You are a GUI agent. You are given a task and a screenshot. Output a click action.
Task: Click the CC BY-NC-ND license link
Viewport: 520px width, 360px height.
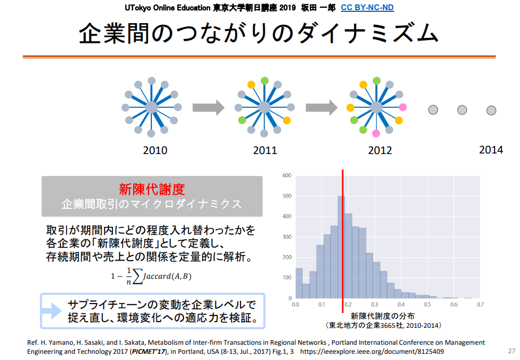(367, 8)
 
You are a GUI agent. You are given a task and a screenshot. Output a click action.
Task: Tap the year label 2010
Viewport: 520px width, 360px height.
(155, 151)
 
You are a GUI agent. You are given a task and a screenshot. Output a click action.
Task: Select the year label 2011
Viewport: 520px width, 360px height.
(265, 151)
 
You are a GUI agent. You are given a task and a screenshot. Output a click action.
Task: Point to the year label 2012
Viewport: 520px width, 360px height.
(380, 151)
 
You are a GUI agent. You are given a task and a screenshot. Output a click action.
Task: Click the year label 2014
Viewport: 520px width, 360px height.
(491, 150)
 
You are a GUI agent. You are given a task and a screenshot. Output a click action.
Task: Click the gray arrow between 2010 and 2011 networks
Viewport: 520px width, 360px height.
(208, 108)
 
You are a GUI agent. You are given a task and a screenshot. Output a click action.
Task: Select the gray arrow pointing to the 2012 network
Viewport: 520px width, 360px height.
(321, 108)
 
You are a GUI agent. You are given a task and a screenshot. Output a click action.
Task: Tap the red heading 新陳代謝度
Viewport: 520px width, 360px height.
(152, 190)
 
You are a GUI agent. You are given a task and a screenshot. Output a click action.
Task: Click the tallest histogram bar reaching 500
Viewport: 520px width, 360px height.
(341, 247)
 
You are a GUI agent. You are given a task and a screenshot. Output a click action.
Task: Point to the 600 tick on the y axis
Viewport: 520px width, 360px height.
(287, 175)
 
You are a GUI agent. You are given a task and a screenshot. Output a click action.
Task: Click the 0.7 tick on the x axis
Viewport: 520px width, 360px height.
(480, 304)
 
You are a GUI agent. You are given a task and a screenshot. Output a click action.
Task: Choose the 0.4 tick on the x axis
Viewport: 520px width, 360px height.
(401, 304)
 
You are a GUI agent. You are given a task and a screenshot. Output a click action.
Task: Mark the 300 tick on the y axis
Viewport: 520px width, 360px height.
(287, 236)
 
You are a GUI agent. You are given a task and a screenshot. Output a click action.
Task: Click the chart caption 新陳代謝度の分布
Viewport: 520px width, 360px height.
(382, 316)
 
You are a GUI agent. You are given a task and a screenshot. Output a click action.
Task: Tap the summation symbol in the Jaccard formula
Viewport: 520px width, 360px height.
(137, 276)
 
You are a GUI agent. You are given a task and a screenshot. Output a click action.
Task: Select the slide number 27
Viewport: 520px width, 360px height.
(512, 351)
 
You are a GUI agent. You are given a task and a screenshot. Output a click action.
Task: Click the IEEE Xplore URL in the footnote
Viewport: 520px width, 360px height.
(372, 352)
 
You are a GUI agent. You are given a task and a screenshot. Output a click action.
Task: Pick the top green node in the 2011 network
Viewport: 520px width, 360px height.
(264, 81)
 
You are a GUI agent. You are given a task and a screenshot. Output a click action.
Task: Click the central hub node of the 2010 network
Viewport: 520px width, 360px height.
(151, 107)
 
